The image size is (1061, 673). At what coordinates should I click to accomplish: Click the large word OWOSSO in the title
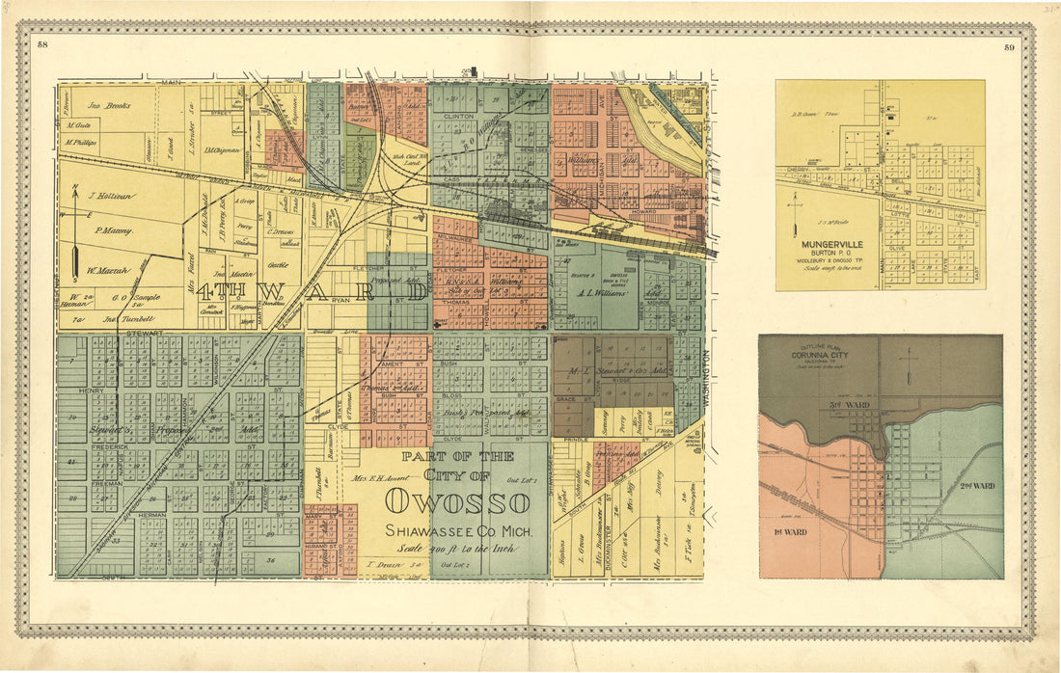[x=457, y=502]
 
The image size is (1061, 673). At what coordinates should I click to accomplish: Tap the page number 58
[x=41, y=45]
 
